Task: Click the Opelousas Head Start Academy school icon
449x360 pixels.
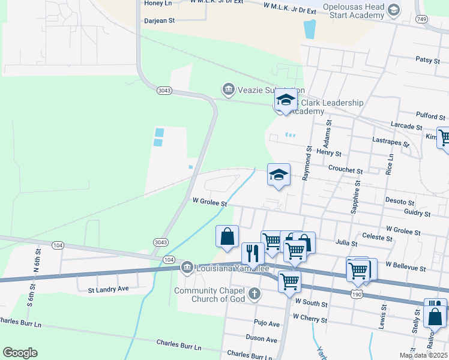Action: (x=393, y=10)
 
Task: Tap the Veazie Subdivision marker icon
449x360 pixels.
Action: (x=228, y=91)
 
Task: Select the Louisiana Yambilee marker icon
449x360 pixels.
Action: (x=187, y=268)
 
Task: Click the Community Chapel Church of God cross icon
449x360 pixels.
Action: (x=255, y=293)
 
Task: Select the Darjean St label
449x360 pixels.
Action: (x=159, y=20)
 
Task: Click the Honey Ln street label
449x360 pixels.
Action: (x=158, y=3)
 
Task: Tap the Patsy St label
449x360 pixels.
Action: (x=427, y=59)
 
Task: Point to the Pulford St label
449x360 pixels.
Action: (x=432, y=117)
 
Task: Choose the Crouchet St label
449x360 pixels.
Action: (x=345, y=171)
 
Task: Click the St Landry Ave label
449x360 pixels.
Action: (x=109, y=289)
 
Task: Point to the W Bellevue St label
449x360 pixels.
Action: (x=406, y=265)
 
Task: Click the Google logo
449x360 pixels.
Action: (x=20, y=353)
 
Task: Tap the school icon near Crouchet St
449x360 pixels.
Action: (x=279, y=175)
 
